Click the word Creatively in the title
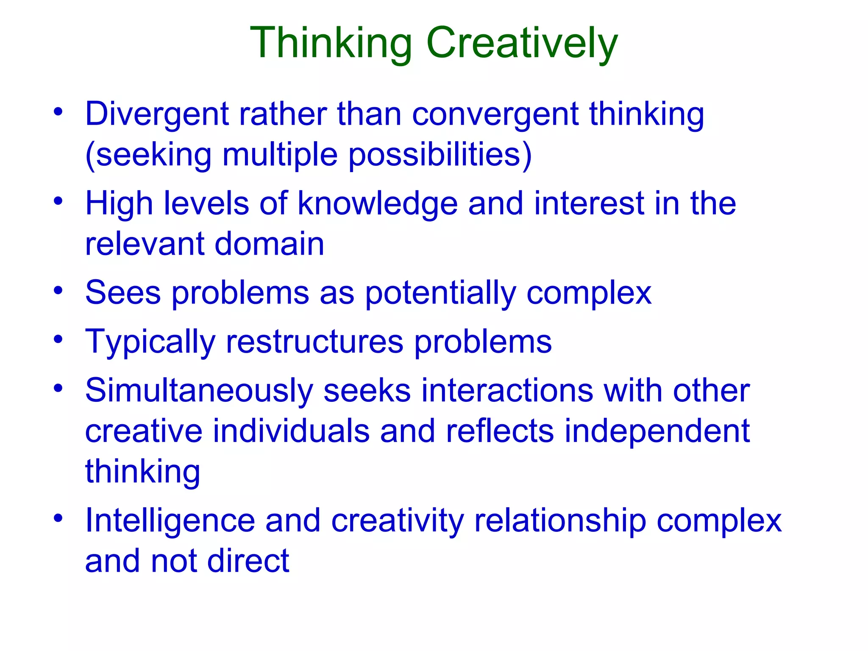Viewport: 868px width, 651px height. coord(522,43)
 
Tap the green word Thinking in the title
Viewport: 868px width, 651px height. coord(331,43)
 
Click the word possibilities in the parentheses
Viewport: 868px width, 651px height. coord(440,155)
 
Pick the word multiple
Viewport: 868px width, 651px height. coord(280,155)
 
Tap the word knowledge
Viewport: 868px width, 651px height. coord(378,204)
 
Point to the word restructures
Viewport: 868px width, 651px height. coord(314,342)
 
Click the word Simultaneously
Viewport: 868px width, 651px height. coord(199,391)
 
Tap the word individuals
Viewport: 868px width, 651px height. coord(291,431)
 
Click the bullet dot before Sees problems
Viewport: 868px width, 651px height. coord(58,291)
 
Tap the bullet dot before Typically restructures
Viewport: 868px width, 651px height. coord(58,339)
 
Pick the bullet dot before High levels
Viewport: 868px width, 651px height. coord(58,201)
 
